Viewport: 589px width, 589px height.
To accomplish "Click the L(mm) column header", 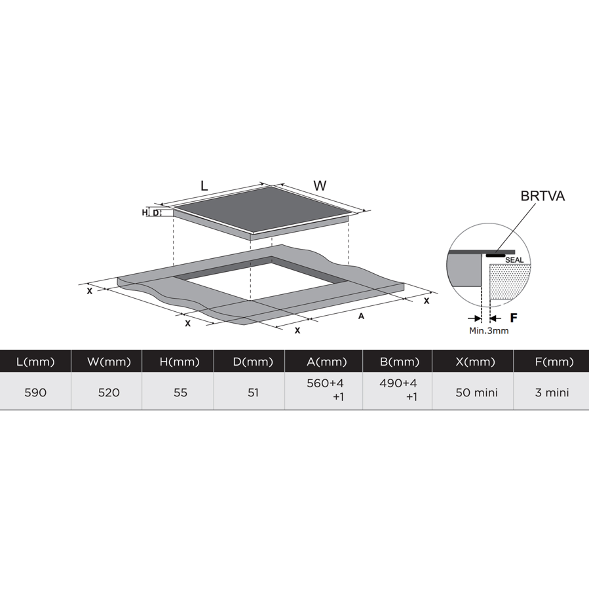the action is coord(35,362).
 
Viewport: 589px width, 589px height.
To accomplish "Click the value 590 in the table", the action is coord(35,392).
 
